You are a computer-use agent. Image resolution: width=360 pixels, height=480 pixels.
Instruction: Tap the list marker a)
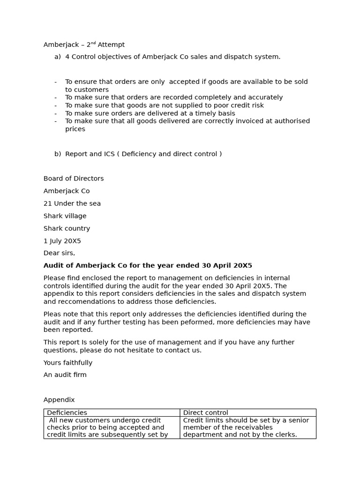58,57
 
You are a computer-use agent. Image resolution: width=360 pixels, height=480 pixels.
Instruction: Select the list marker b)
58,154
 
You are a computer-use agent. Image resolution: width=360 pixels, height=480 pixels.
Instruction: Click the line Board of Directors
74,179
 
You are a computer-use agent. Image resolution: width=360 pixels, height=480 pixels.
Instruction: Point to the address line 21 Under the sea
72,203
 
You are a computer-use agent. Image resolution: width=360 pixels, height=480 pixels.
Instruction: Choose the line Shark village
65,216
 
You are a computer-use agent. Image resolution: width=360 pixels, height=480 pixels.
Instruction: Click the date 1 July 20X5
62,241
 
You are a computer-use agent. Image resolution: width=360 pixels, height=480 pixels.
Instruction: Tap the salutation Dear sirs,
59,253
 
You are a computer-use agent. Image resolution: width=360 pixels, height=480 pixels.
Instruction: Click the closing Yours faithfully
68,363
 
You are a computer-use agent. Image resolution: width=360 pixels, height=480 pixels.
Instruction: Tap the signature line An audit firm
65,375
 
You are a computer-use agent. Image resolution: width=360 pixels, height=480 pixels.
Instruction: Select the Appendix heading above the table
59,400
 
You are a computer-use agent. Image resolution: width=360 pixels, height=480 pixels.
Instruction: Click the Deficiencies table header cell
67,412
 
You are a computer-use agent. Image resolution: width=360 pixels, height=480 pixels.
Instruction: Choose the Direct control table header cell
205,412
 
